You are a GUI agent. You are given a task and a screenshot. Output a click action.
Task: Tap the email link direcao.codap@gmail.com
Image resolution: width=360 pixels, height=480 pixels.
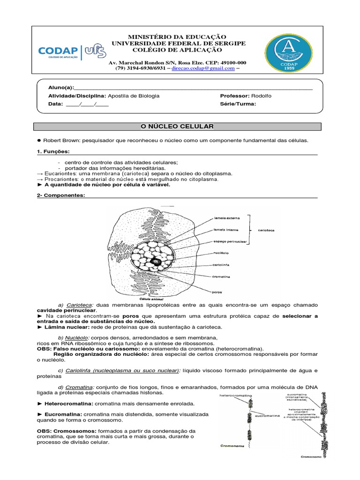pos(203,68)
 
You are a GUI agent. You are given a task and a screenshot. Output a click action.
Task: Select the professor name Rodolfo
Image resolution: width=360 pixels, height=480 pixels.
pos(261,96)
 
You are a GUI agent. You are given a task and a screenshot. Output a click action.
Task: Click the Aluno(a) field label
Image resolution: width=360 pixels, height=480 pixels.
pos(61,88)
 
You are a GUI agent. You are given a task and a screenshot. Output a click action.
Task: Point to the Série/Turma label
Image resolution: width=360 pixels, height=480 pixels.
pos(238,104)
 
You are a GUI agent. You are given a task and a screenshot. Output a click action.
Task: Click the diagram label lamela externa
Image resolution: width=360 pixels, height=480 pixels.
pos(226,218)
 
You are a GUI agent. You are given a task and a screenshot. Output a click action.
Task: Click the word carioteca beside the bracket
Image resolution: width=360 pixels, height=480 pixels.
pos(268,230)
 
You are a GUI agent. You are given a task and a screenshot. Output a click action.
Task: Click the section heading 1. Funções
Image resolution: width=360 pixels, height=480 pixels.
pos(53,152)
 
